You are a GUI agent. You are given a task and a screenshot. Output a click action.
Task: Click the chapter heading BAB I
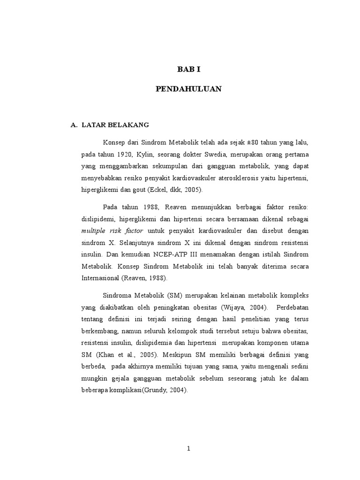click(x=188, y=69)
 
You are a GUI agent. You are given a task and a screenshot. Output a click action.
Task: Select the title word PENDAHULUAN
click(x=188, y=89)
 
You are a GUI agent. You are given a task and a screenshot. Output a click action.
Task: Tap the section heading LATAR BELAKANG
click(x=115, y=125)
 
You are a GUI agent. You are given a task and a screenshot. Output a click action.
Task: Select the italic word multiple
click(x=95, y=231)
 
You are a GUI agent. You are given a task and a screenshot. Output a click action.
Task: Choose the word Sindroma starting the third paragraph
click(x=118, y=296)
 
